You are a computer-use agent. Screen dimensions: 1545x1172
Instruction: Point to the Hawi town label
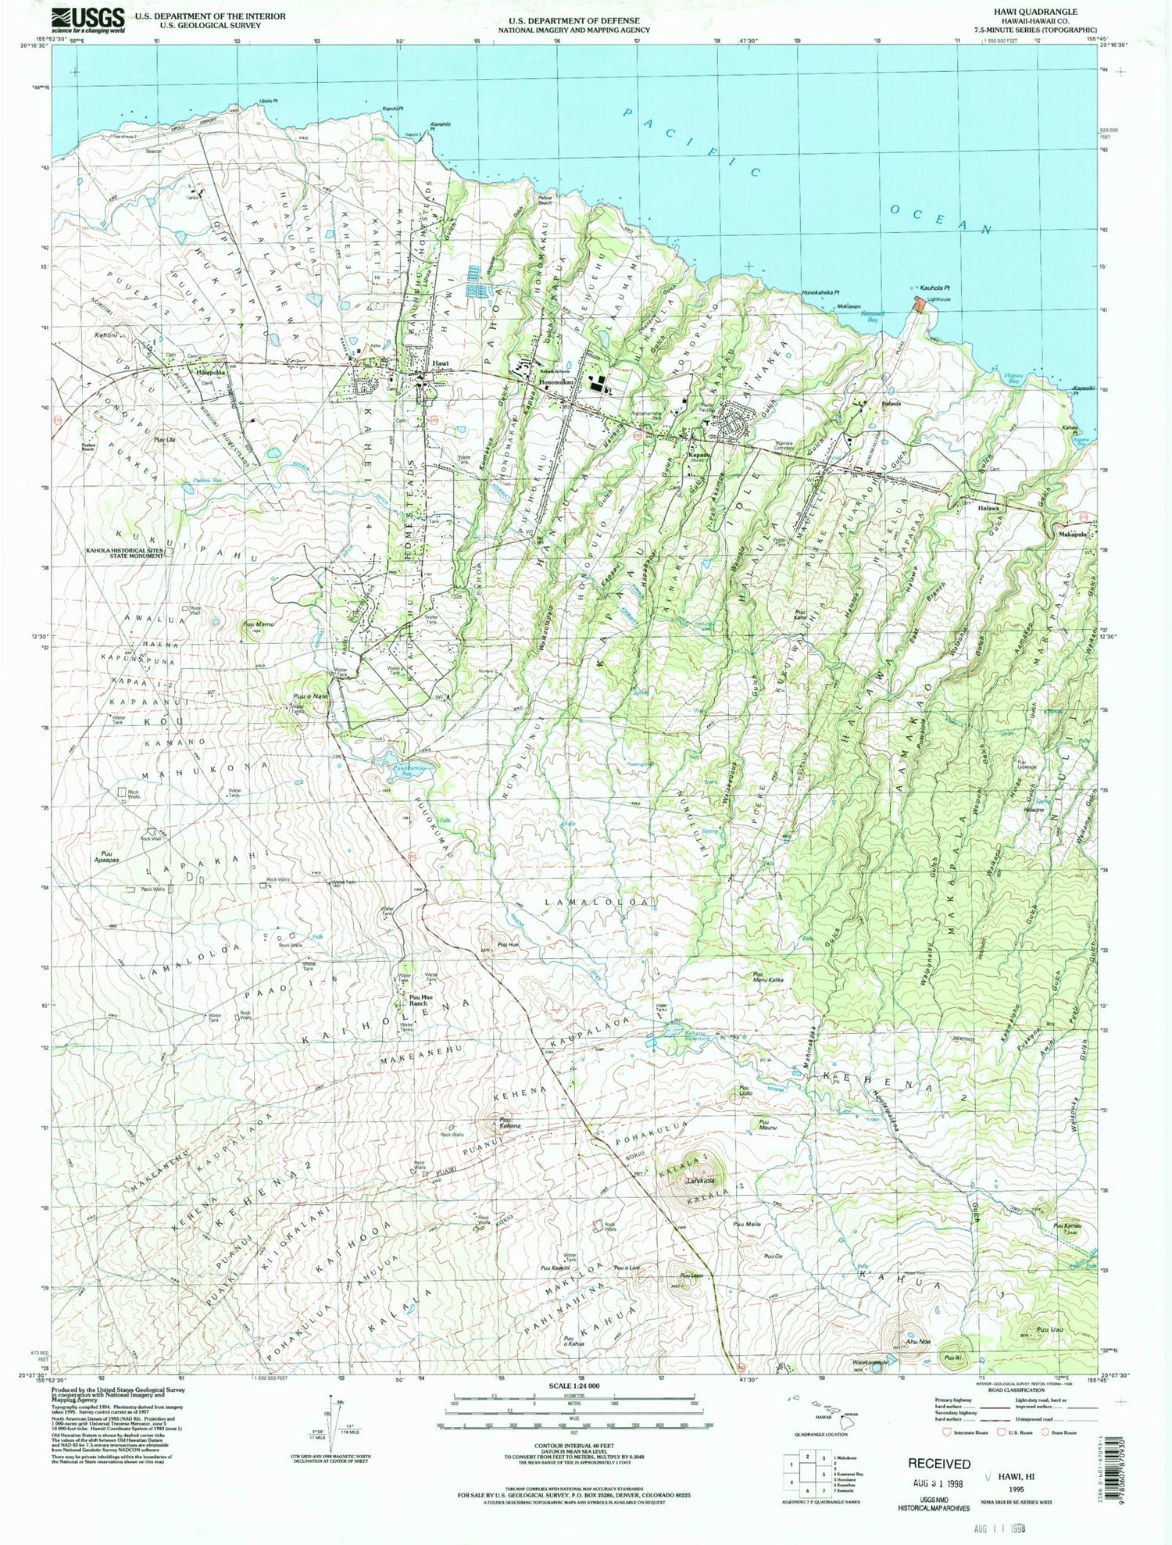[x=441, y=365]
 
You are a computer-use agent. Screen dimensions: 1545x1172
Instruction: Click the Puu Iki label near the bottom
[x=952, y=1358]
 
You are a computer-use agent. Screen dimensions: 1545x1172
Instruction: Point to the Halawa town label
[x=988, y=507]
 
